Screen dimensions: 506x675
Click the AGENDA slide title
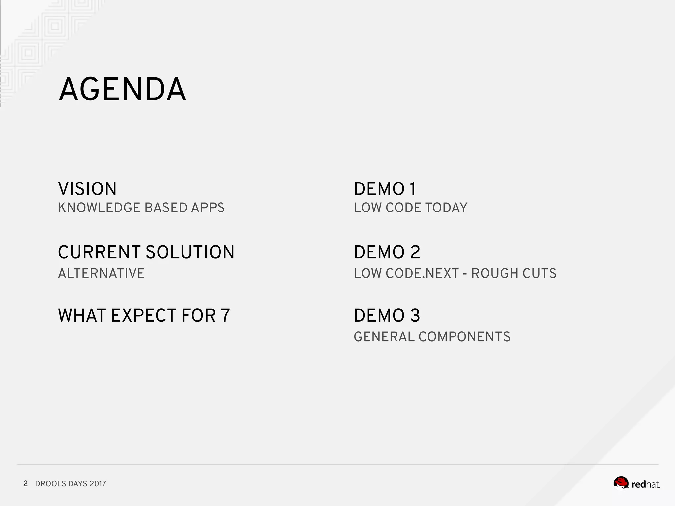122,90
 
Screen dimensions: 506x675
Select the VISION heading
87,189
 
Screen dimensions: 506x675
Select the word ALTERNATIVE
101,273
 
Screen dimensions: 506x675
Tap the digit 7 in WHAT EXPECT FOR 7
225,315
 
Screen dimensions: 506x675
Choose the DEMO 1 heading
385,189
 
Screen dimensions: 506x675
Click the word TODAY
446,208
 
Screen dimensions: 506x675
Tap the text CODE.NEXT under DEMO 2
422,273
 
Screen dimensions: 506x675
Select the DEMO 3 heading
387,315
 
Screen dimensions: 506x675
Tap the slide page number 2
25,483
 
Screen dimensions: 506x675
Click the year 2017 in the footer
98,484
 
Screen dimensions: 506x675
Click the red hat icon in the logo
621,483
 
